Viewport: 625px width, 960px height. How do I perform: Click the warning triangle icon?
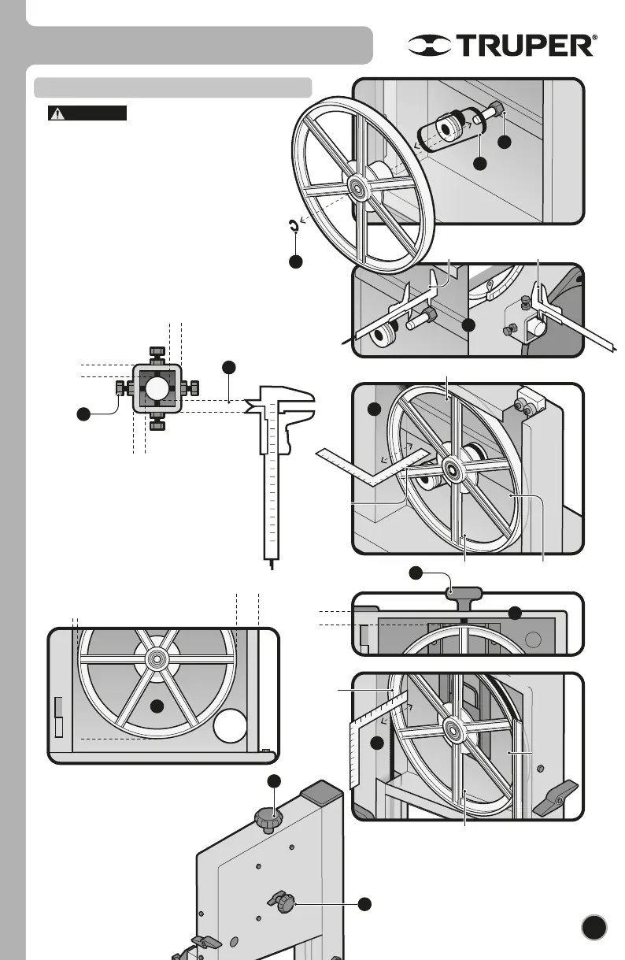tap(57, 113)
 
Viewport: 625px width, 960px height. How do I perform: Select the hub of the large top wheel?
tap(358, 187)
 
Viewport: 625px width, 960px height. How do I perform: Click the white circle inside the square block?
tap(157, 388)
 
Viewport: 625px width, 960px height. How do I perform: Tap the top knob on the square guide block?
tap(157, 351)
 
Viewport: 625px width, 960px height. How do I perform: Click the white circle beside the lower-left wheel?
tap(229, 725)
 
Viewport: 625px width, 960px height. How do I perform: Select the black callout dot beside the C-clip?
tap(294, 262)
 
